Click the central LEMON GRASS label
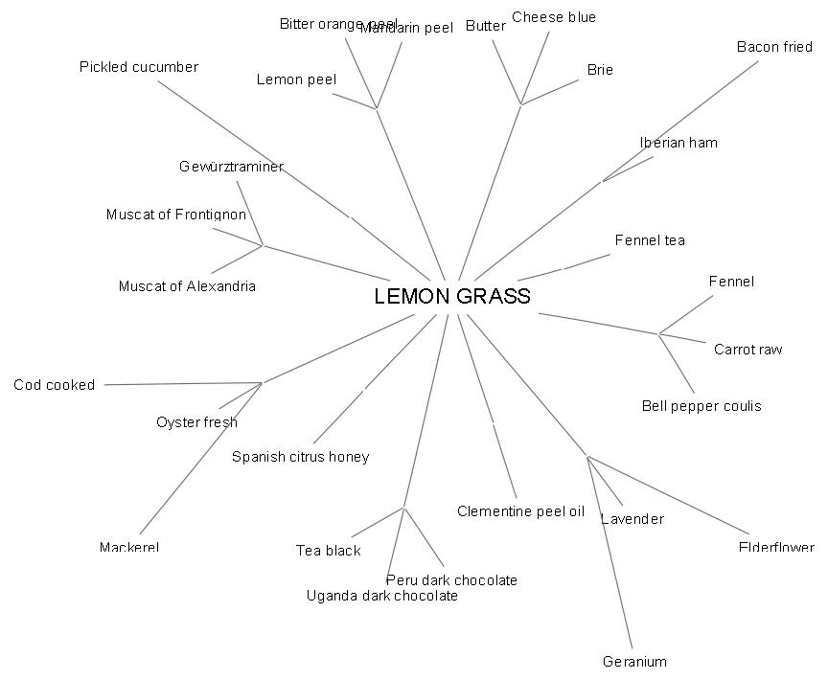point(451,296)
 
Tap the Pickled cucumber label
point(139,67)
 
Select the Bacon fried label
point(774,47)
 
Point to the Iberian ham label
point(678,143)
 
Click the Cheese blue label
point(554,17)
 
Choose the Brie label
point(600,70)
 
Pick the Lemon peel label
point(296,79)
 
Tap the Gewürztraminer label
point(231,167)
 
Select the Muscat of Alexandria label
point(187,286)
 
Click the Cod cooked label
point(55,385)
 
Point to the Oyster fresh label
point(196,422)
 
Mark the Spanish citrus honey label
point(300,457)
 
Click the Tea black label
point(329,550)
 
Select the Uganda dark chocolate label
point(381,596)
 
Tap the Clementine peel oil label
point(520,511)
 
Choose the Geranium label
point(634,661)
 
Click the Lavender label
point(632,519)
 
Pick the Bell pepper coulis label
point(701,406)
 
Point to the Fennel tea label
point(650,240)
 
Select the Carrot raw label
point(747,350)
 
